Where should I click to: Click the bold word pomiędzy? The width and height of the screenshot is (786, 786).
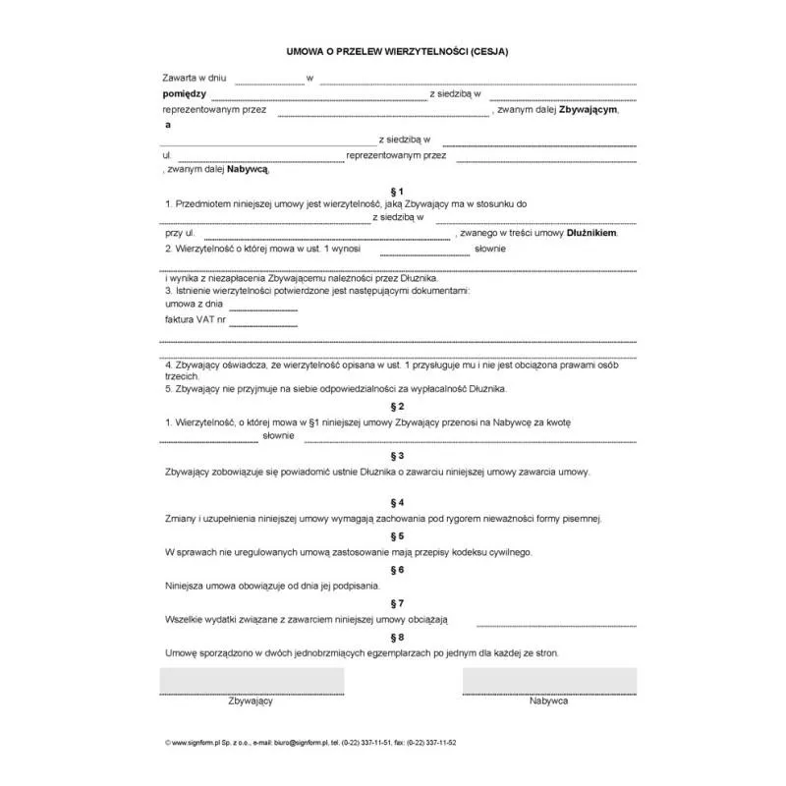(x=184, y=93)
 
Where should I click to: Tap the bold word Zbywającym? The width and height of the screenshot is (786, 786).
(x=589, y=110)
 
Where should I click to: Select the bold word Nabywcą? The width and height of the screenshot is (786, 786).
(x=248, y=169)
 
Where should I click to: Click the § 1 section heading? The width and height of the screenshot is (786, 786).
(x=397, y=191)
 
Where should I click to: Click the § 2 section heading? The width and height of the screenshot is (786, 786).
(x=397, y=406)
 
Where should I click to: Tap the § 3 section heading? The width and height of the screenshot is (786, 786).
(x=397, y=456)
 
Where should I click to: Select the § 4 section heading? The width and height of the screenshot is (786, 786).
(x=397, y=502)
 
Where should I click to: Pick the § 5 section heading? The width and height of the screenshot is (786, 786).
(x=397, y=535)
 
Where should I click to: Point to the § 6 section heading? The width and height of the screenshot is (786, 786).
(x=397, y=570)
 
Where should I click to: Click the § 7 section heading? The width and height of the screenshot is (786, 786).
(x=397, y=603)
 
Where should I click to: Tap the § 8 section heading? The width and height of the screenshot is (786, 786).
(x=397, y=637)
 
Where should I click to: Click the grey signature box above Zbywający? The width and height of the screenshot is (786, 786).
(x=252, y=680)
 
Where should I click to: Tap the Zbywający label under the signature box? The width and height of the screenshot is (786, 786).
(x=251, y=702)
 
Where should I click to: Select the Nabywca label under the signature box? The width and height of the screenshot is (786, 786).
(x=548, y=702)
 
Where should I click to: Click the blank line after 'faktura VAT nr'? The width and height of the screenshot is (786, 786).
(x=263, y=323)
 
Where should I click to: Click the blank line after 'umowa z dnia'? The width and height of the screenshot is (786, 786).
(x=262, y=308)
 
